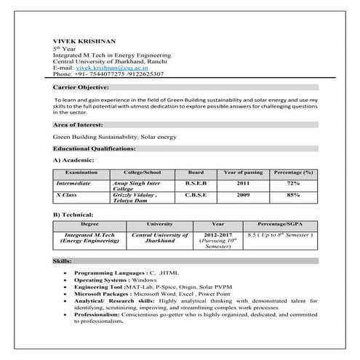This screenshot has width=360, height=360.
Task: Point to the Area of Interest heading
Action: point(79,126)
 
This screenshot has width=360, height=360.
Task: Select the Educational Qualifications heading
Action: point(95,148)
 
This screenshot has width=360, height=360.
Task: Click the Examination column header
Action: point(81,172)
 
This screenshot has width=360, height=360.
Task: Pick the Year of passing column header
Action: point(243,172)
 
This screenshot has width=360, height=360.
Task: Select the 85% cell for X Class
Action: point(292,195)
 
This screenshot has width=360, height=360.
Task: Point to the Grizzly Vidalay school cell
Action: point(135,195)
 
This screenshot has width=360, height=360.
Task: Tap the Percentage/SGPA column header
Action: point(281,225)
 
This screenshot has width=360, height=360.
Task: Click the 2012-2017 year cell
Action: point(219,236)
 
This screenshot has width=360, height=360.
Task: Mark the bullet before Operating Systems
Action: point(67,279)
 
